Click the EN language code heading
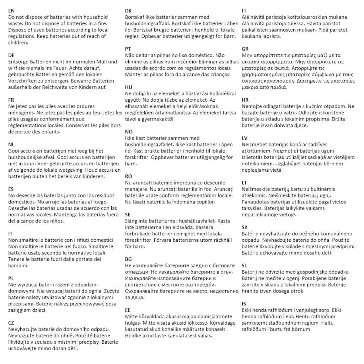click(11, 11)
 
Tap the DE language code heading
click(11, 56)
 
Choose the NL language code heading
click(11, 145)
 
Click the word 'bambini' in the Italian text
click(18, 266)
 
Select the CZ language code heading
click(11, 323)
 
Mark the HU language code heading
click(129, 87)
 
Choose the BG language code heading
click(129, 259)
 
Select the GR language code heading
click(245, 49)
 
